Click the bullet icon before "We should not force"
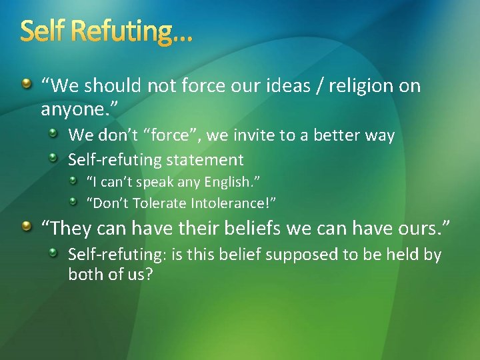coord(25,84)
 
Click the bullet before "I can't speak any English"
coord(77,181)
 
